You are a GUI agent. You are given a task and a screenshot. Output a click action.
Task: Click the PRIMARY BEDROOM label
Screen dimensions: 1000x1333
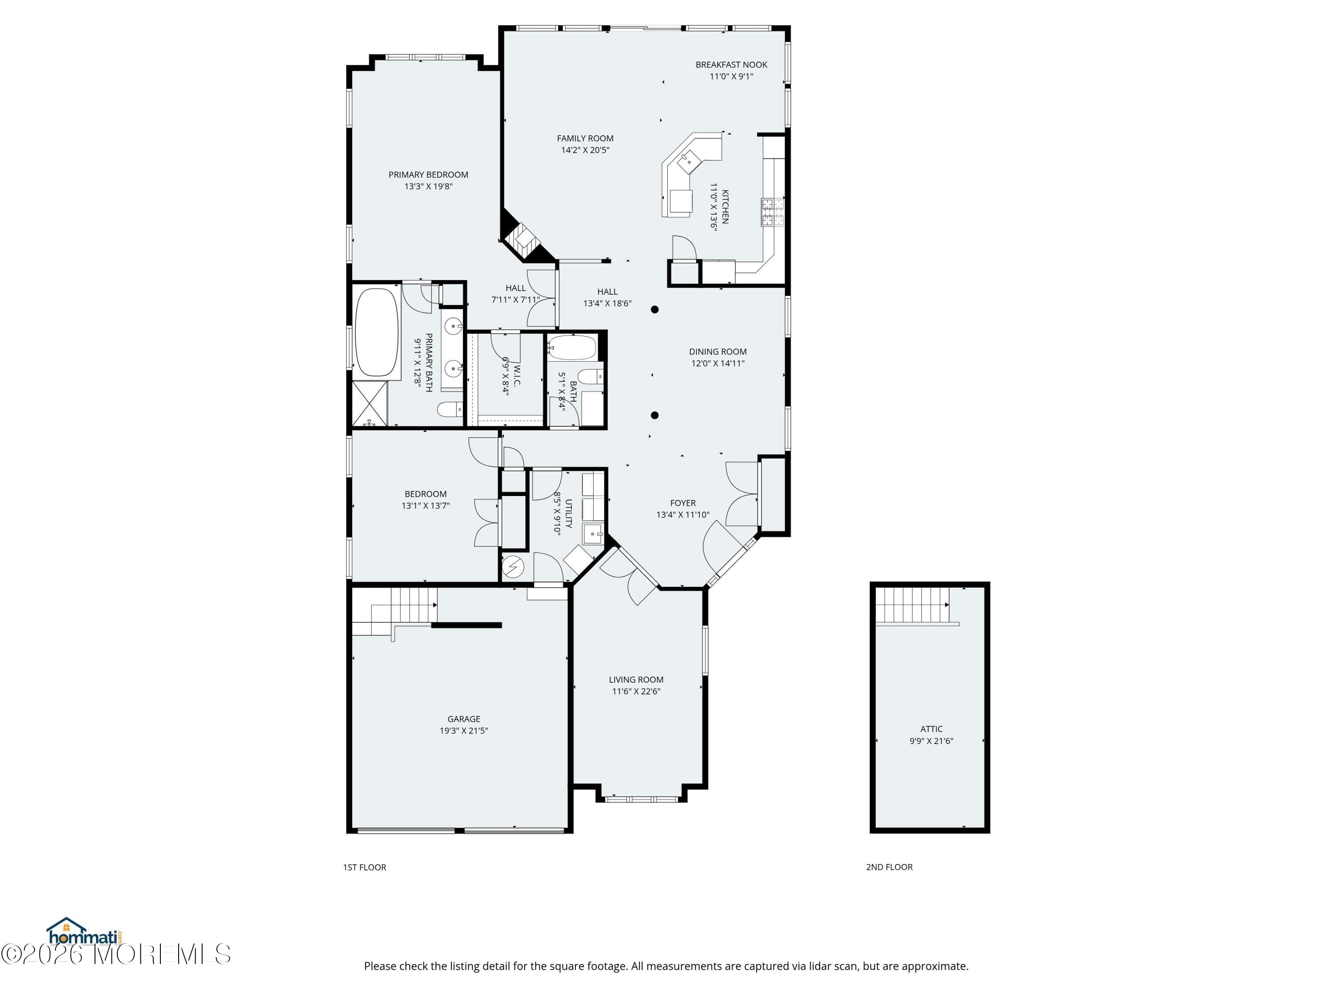tap(428, 175)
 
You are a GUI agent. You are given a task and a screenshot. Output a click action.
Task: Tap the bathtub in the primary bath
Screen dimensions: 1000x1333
tap(377, 333)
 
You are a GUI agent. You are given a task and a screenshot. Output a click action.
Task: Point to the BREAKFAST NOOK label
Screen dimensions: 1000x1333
tap(731, 64)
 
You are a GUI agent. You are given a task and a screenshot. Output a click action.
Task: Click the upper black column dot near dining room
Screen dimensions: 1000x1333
tap(655, 309)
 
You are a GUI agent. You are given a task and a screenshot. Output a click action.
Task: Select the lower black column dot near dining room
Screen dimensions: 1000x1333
tap(655, 415)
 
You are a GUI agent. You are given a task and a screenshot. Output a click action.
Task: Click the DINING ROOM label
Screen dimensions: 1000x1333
tap(717, 352)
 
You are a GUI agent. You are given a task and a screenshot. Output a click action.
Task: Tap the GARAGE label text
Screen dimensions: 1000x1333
tap(463, 719)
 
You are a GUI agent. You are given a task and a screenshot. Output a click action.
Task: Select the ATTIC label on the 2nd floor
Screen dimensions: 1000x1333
tap(931, 729)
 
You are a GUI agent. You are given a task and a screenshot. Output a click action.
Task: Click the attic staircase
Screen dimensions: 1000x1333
tap(912, 605)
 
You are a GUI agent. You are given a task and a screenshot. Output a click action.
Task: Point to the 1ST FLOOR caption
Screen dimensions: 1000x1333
tap(364, 867)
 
